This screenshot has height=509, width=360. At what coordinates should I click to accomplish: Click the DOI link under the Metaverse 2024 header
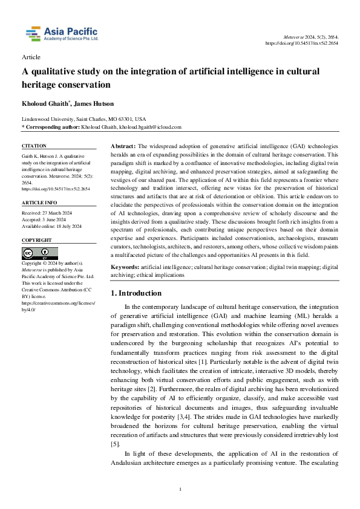click(303, 44)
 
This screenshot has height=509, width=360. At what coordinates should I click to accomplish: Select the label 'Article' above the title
click(31, 57)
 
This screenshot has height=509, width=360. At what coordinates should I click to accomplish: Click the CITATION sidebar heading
click(34, 146)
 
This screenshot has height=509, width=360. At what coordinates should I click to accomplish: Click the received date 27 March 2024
click(51, 213)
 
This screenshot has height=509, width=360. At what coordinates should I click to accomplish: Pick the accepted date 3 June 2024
click(50, 221)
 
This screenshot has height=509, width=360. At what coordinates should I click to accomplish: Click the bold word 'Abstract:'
click(123, 147)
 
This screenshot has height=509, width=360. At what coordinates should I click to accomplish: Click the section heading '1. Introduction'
click(136, 293)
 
